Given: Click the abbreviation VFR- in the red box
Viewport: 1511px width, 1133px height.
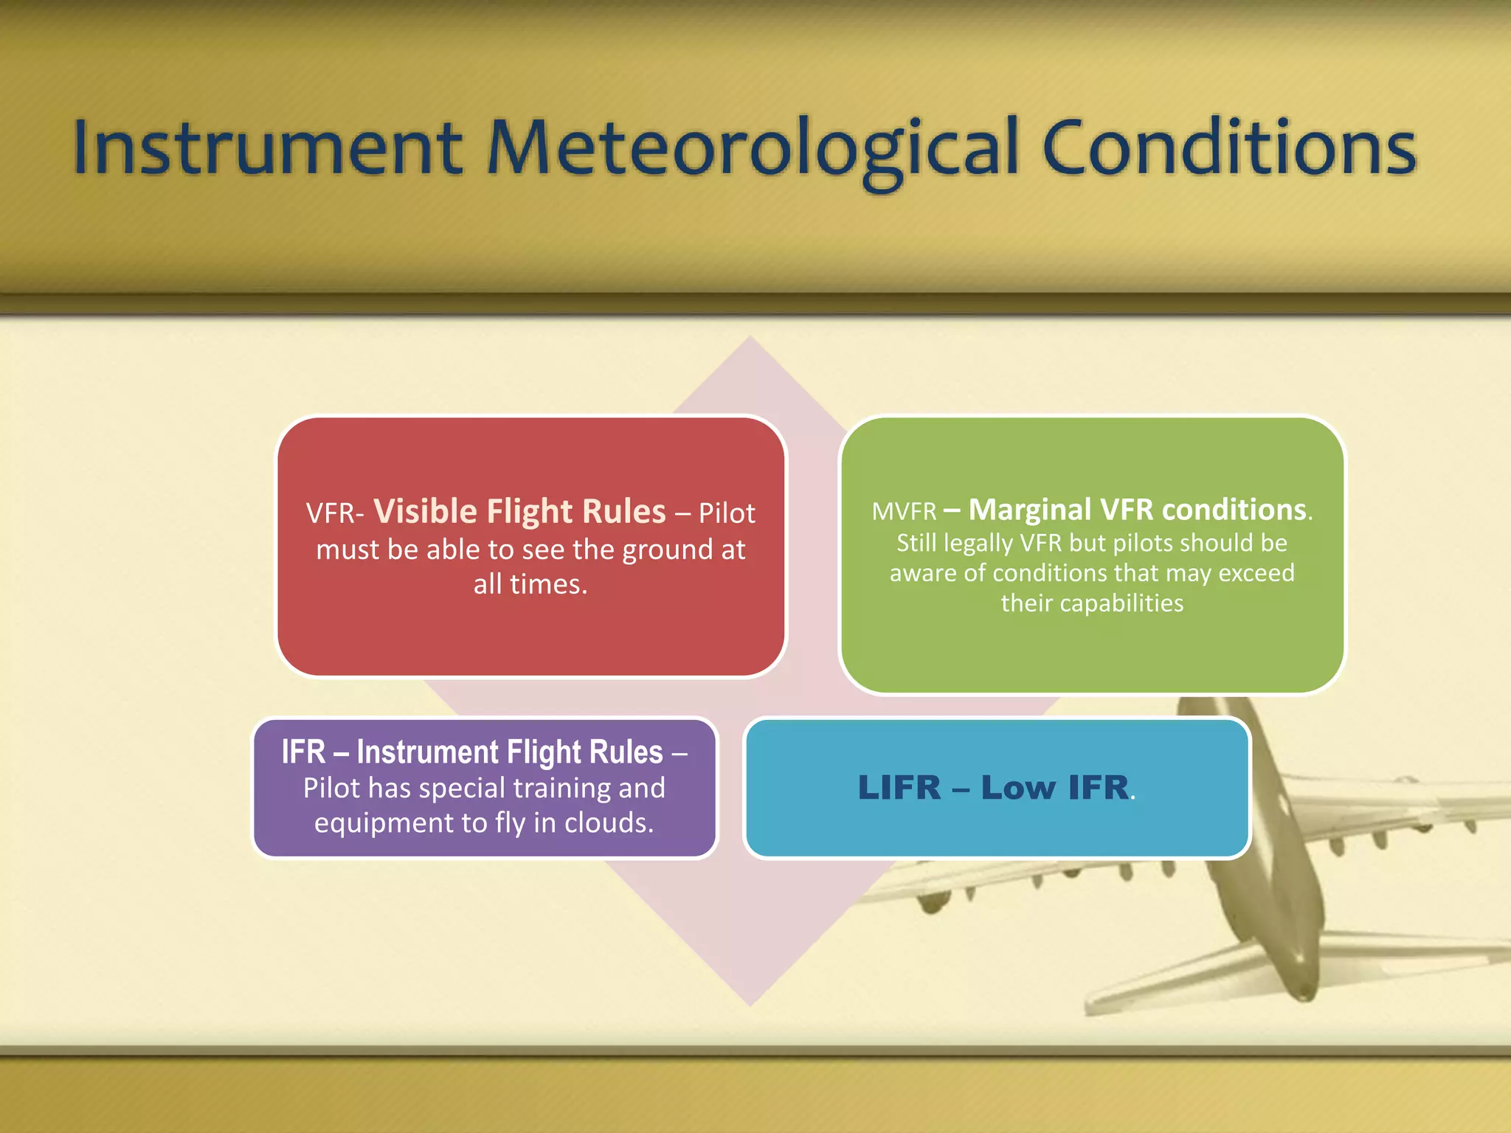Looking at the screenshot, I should coord(335,513).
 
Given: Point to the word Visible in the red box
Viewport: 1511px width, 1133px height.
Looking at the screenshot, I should coord(426,511).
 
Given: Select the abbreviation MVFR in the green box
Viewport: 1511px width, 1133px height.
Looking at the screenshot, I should coord(904,511).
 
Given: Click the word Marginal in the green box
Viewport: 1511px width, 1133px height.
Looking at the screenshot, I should coord(1030,510).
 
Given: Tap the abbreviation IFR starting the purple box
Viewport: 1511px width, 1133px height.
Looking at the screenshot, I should coord(303,752).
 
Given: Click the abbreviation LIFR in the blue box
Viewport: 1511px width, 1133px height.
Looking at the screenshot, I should coord(899,788).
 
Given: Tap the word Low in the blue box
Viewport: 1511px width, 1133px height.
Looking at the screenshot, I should coord(1018,788).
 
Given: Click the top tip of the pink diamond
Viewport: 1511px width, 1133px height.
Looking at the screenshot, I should coord(750,338).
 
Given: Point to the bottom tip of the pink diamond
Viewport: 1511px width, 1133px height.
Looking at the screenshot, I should coord(750,1005).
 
